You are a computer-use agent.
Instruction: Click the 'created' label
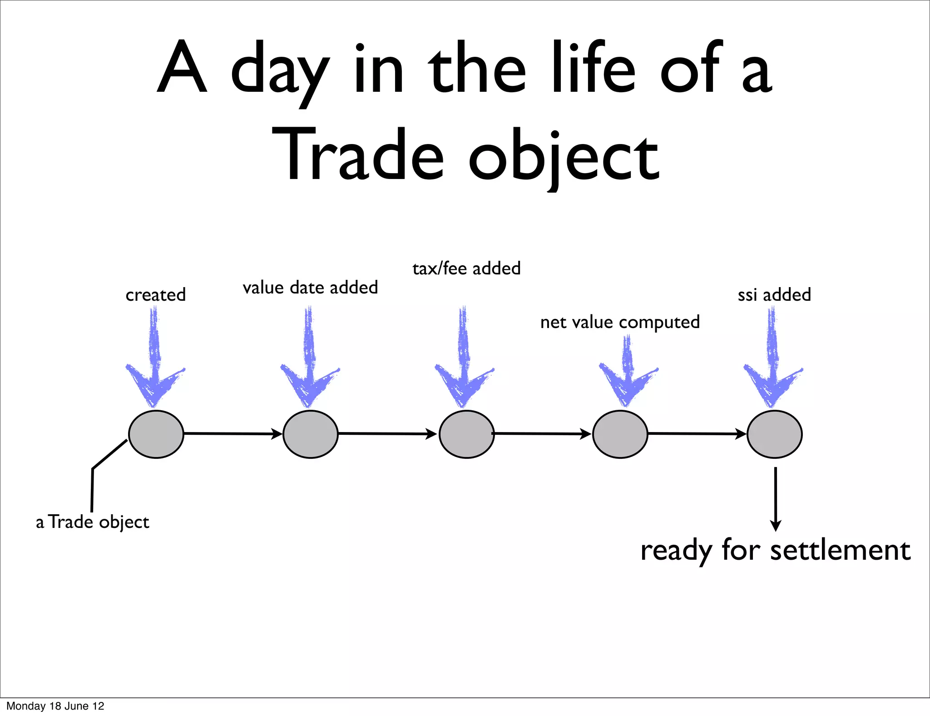(156, 295)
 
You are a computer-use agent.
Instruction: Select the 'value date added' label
(310, 288)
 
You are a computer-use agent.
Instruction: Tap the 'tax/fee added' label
(466, 268)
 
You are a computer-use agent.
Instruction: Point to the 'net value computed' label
(620, 322)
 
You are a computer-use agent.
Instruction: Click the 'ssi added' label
(774, 295)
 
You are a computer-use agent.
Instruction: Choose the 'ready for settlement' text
(775, 550)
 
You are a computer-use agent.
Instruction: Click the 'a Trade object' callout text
(93, 522)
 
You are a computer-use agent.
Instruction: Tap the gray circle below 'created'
(156, 434)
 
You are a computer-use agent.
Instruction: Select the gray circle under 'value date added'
(310, 434)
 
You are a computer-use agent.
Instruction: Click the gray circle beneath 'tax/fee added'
(466, 434)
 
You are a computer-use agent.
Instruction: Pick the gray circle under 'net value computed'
(620, 434)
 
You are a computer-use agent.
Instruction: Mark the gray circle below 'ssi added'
(774, 434)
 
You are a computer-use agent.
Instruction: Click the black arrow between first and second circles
(232, 434)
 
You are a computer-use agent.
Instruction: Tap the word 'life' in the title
(593, 68)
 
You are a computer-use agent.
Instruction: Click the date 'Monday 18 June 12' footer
(55, 706)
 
